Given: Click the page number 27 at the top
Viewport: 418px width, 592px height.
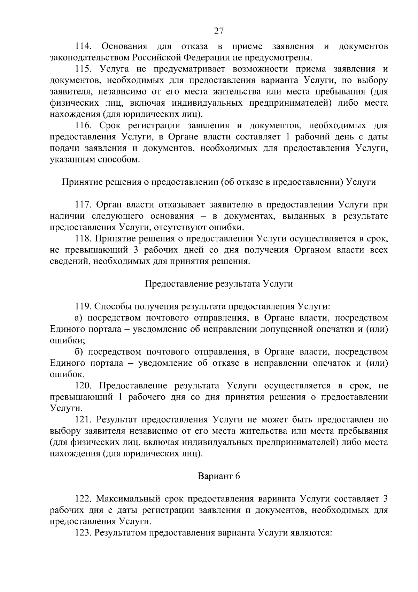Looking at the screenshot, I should pyautogui.click(x=218, y=31).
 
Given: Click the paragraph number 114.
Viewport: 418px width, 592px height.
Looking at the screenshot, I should pyautogui.click(x=83, y=46).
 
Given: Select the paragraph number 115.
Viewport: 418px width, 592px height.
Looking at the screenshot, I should pyautogui.click(x=84, y=69).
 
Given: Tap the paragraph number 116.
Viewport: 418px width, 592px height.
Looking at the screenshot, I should pyautogui.click(x=84, y=126).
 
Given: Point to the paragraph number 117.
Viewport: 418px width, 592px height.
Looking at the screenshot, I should pyautogui.click(x=84, y=205).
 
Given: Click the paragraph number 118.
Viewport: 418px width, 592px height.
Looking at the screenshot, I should pyautogui.click(x=84, y=239).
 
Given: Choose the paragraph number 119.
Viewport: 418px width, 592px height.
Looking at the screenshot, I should pyautogui.click(x=84, y=307).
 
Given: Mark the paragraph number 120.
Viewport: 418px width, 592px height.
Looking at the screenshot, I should pyautogui.click(x=84, y=386).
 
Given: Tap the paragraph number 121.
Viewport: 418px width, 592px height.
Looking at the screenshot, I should pyautogui.click(x=84, y=420).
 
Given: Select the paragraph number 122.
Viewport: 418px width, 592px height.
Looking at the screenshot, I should pyautogui.click(x=84, y=499).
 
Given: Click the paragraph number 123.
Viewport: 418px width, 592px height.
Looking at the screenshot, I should pyautogui.click(x=84, y=533).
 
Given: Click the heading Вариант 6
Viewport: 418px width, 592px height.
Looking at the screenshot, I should pyautogui.click(x=219, y=476).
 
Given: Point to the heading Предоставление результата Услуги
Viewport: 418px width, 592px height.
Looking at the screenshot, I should pyautogui.click(x=219, y=284).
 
